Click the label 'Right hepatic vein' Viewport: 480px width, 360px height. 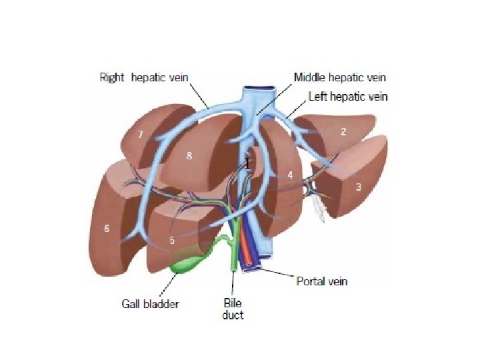tap(144, 77)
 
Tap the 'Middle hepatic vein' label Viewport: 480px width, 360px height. tap(339, 77)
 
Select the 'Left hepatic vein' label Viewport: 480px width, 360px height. tap(347, 97)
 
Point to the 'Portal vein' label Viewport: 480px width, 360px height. tap(321, 281)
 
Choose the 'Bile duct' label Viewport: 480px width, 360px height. tap(233, 309)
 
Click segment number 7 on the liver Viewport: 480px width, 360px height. tap(141, 135)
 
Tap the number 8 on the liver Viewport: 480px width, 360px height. tap(189, 156)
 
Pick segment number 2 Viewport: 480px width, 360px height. tap(343, 132)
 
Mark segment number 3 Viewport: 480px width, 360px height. tap(358, 187)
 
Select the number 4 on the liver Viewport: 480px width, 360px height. tap(290, 175)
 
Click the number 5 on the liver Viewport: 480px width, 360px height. tap(172, 240)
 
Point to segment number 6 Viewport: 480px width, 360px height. tap(106, 229)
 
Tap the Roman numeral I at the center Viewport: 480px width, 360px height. tap(247, 163)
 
